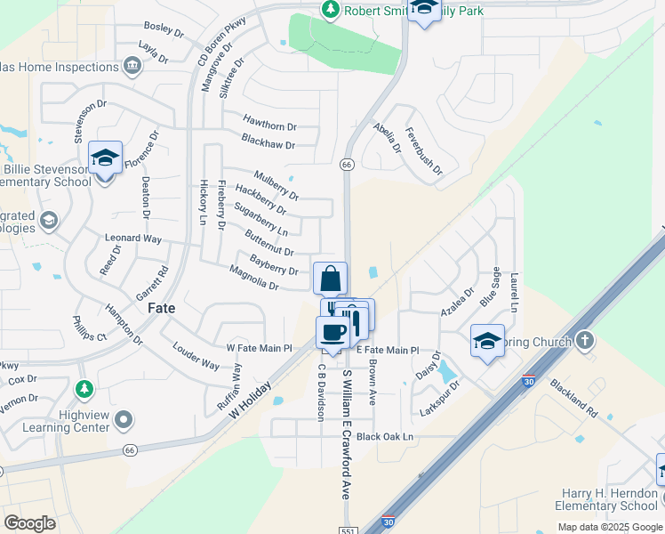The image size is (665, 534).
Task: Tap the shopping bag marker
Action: (330, 278)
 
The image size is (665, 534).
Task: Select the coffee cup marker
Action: (333, 333)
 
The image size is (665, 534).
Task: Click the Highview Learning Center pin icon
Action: (124, 418)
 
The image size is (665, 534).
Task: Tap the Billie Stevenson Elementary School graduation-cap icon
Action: (105, 160)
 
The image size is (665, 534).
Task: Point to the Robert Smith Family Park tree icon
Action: (331, 9)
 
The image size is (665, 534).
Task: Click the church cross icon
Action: (584, 340)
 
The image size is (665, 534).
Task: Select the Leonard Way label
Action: (133, 239)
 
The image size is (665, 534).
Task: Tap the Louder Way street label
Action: (196, 357)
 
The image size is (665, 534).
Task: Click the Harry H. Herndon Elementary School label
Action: (610, 499)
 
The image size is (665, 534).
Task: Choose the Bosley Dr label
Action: (163, 32)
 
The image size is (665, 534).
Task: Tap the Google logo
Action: (31, 523)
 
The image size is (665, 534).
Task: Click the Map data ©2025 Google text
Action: (609, 527)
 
